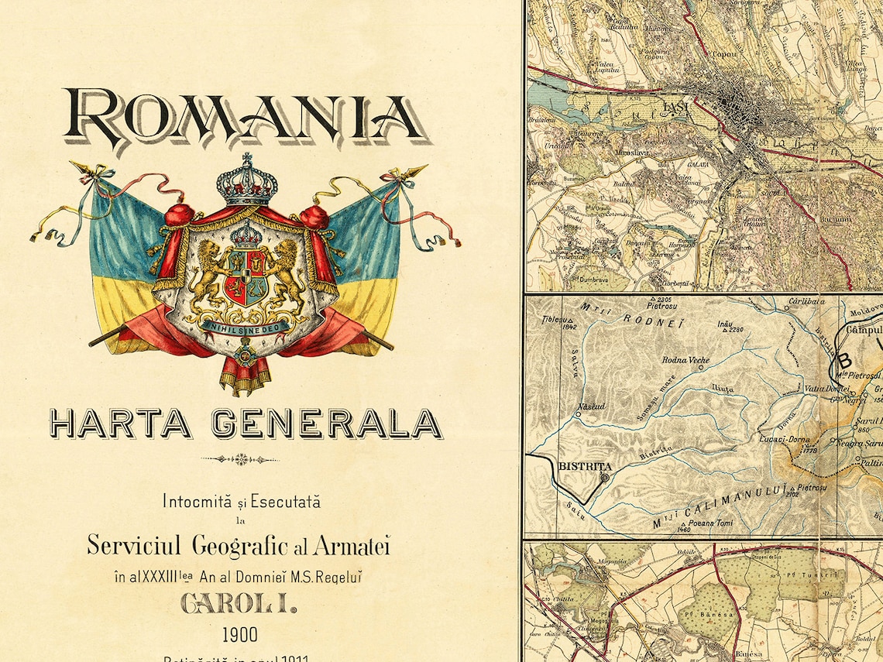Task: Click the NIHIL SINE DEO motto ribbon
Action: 246,326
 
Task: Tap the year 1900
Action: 240,636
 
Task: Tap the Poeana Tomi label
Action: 706,521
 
